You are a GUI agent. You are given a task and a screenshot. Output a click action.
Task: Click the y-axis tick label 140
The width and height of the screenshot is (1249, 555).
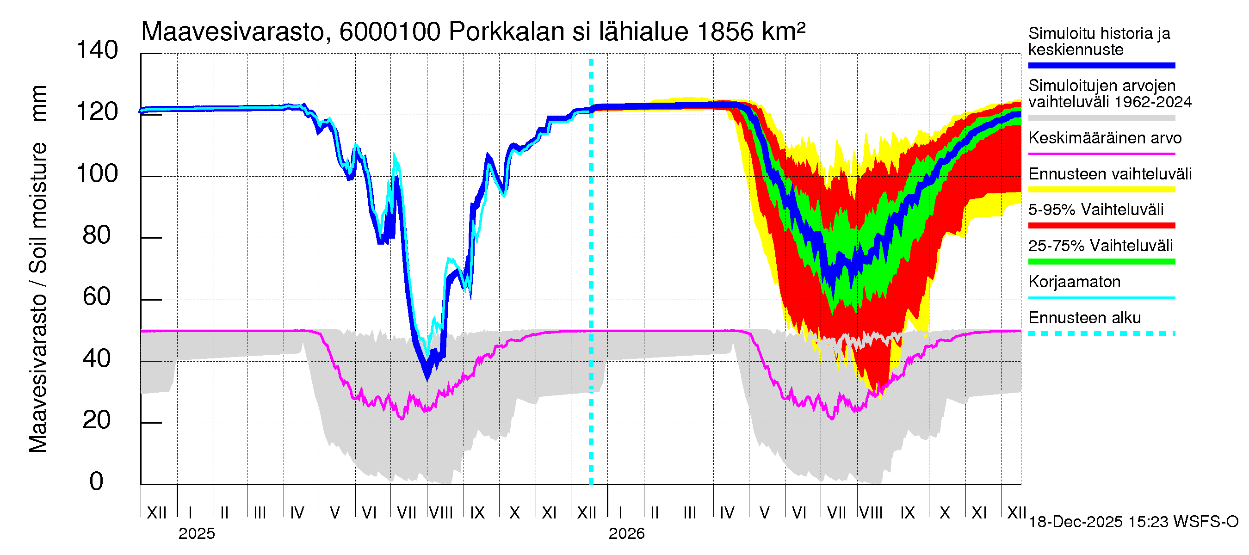point(97,50)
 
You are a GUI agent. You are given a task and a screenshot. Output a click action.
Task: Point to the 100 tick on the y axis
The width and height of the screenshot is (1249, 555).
point(97,174)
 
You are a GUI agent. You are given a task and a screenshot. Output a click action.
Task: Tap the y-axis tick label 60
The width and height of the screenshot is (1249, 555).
point(97,297)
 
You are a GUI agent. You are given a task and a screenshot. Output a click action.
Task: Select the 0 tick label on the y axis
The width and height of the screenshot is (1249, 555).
point(97,482)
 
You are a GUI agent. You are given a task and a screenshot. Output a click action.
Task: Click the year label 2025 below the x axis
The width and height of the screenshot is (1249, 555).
point(196,534)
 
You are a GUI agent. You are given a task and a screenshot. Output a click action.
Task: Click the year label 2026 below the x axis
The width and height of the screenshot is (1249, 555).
point(626,534)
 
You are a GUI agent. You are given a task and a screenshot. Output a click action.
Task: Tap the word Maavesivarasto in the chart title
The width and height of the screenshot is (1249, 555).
point(233,32)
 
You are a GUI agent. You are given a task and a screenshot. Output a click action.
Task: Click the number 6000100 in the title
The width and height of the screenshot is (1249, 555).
point(390,32)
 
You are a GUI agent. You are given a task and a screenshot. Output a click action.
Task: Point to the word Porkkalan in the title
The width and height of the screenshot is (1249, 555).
point(507,32)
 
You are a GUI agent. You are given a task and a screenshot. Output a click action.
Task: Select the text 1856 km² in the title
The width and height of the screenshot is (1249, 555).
point(751,32)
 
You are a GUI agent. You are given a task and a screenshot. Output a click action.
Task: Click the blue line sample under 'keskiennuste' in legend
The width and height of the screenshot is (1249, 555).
point(1101,65)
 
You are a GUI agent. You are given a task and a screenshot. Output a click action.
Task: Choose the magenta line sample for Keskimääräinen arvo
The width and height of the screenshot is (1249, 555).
point(1101,154)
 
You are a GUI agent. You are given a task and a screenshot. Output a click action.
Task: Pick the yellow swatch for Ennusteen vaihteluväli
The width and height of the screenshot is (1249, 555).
point(1101,190)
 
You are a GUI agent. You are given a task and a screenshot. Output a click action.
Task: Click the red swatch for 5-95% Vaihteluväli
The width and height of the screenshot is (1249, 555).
point(1101,225)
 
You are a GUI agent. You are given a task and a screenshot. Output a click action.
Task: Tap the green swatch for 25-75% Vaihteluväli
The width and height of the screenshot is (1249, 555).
point(1101,262)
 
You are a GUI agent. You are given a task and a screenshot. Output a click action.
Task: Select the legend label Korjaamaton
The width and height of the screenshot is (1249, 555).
point(1074,282)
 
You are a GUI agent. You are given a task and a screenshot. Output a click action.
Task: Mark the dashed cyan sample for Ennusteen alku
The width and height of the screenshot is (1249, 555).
point(1101,333)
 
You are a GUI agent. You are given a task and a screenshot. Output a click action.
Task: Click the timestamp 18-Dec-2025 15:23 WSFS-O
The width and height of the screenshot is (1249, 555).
point(1133,522)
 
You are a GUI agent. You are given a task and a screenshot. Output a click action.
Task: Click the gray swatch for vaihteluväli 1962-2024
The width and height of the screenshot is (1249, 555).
point(1101,118)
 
